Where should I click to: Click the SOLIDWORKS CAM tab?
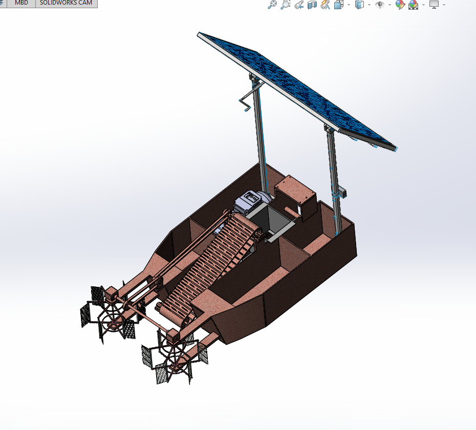click(x=66, y=3)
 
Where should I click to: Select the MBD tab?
click(x=21, y=3)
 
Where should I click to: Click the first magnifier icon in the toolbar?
click(x=272, y=5)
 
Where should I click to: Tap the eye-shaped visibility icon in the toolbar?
click(x=380, y=5)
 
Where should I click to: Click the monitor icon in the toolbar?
click(x=434, y=5)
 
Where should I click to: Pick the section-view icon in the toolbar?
click(x=312, y=5)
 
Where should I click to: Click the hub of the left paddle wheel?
click(x=110, y=321)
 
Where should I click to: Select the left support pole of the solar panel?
click(x=259, y=138)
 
